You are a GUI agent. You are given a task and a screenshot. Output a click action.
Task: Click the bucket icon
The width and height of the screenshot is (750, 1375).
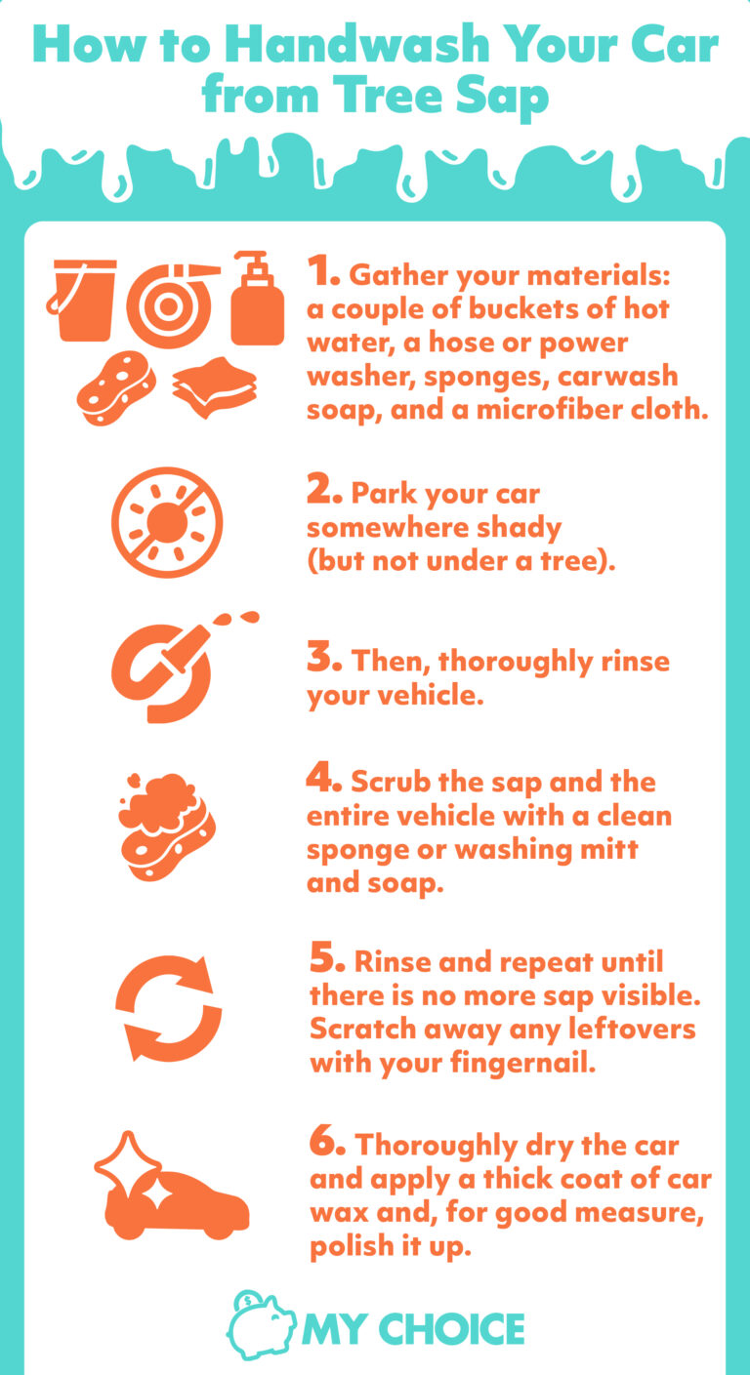click(84, 299)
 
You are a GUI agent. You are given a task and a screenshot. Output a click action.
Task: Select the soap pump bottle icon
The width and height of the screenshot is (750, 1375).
click(256, 299)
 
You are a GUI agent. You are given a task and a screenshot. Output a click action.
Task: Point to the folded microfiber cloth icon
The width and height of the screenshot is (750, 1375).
click(215, 387)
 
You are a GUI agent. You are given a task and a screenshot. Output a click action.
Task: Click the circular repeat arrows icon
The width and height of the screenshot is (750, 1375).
click(168, 1009)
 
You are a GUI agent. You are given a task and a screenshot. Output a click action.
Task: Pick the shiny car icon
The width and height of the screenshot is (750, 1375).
click(172, 1187)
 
